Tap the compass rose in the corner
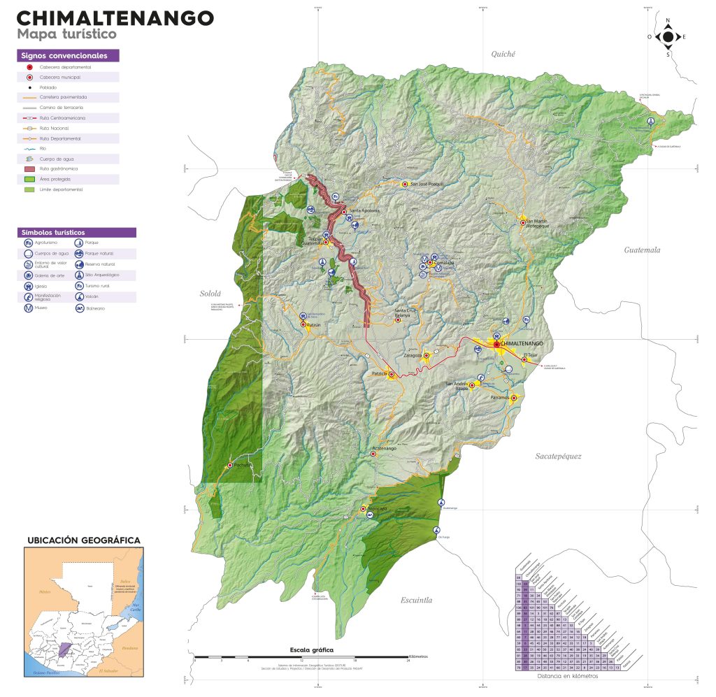coord(668,37)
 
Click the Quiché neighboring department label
coord(503,54)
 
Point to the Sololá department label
coord(210,294)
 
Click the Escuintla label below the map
coord(417,600)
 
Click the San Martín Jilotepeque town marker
coord(523,222)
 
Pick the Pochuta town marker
coord(229,465)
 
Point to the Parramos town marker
coord(513,398)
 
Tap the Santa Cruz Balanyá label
coord(410,312)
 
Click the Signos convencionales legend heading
coord(64,55)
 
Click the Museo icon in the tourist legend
coord(28,308)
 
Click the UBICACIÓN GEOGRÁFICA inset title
coord(83,540)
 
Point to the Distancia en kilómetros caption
coord(568,676)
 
